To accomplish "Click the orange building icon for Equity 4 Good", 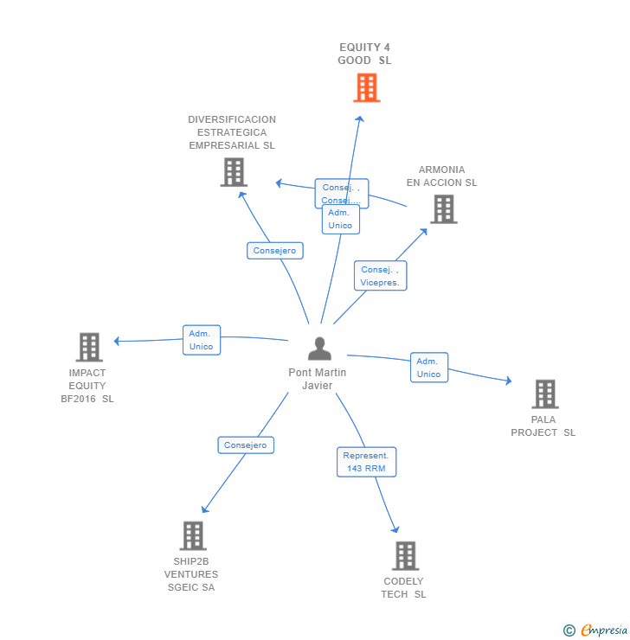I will coord(366,87).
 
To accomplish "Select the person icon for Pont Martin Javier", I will coord(319,349).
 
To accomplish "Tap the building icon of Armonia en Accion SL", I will coord(443,209).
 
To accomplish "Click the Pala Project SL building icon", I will coord(544,394).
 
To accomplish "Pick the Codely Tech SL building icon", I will coord(404,555).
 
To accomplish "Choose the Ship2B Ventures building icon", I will coord(192,535).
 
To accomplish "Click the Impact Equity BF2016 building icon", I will coord(88,347).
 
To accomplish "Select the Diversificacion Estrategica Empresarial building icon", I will coord(234,172).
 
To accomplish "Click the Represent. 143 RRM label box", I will coord(366,462).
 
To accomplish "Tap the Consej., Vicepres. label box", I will coord(380,276).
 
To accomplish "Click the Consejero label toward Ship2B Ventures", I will coord(246,445).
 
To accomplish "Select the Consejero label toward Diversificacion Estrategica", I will coord(274,251).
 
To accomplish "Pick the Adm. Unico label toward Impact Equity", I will coord(201,340).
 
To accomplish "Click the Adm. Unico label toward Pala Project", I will coord(428,368).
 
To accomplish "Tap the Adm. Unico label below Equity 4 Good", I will coord(340,219).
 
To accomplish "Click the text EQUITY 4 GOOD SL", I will coord(364,54).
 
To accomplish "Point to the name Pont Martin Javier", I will coord(318,379).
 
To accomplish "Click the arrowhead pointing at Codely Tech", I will coord(395,529).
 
